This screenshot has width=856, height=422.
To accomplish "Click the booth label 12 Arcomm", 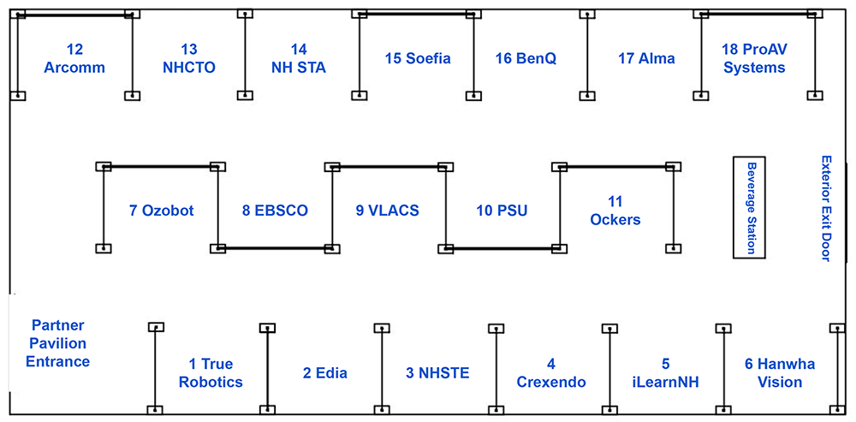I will coord(74,58).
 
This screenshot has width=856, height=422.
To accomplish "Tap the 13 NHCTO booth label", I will coord(189,58).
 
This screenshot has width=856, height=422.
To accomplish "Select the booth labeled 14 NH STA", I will coord(298,58).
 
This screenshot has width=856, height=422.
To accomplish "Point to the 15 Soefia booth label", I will coord(418,58).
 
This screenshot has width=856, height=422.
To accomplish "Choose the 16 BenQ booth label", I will coord(526,58).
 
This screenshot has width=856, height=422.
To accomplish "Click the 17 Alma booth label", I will coord(646,58).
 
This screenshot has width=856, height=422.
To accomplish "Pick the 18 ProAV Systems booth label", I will coord(754,58).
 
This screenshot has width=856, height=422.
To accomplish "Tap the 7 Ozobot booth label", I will coord(162,210).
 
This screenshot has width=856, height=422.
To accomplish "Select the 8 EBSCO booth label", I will coord(275,210).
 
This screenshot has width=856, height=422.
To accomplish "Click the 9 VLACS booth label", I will coord(388,210).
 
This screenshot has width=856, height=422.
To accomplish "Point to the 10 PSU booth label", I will coord(502,210).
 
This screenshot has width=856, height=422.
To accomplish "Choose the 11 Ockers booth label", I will coord(615,211).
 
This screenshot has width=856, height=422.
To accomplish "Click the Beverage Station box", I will coord(749,207).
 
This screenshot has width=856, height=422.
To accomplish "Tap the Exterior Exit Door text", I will coord(826,208).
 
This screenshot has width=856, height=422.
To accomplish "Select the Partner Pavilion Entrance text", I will coord(58,343).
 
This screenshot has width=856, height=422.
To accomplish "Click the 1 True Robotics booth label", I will coord(211,373).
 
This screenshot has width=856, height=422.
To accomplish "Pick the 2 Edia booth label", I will coord(325,373).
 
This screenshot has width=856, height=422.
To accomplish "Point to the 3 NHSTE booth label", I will coord(437,373).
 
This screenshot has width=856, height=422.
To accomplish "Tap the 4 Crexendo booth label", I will coord(551,373).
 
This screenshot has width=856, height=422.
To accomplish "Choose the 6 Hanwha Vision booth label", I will coord(780,373).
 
